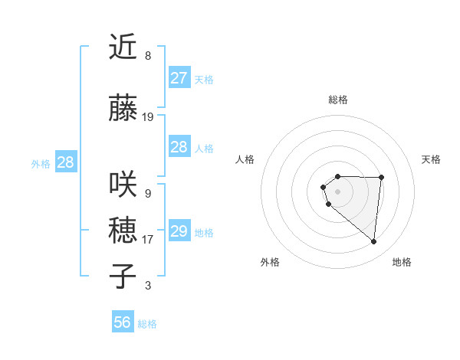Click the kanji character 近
tap(123, 48)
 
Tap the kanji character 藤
tap(123, 109)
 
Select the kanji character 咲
tap(123, 185)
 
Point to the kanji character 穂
tap(123, 230)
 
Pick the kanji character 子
tap(123, 276)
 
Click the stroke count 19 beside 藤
tap(148, 117)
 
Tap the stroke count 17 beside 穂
tap(148, 239)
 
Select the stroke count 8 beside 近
tap(148, 56)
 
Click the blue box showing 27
tap(179, 78)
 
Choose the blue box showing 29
tap(179, 231)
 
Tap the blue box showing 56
tap(123, 322)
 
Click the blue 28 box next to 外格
tap(65, 162)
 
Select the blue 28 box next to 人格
tap(179, 147)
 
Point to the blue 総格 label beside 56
tap(147, 324)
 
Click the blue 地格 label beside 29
tap(204, 232)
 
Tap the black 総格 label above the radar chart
tap(338, 100)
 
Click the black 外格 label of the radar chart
tap(270, 262)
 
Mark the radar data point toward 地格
tap(373, 242)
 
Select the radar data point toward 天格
tap(381, 178)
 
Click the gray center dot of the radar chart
tap(337, 191)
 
